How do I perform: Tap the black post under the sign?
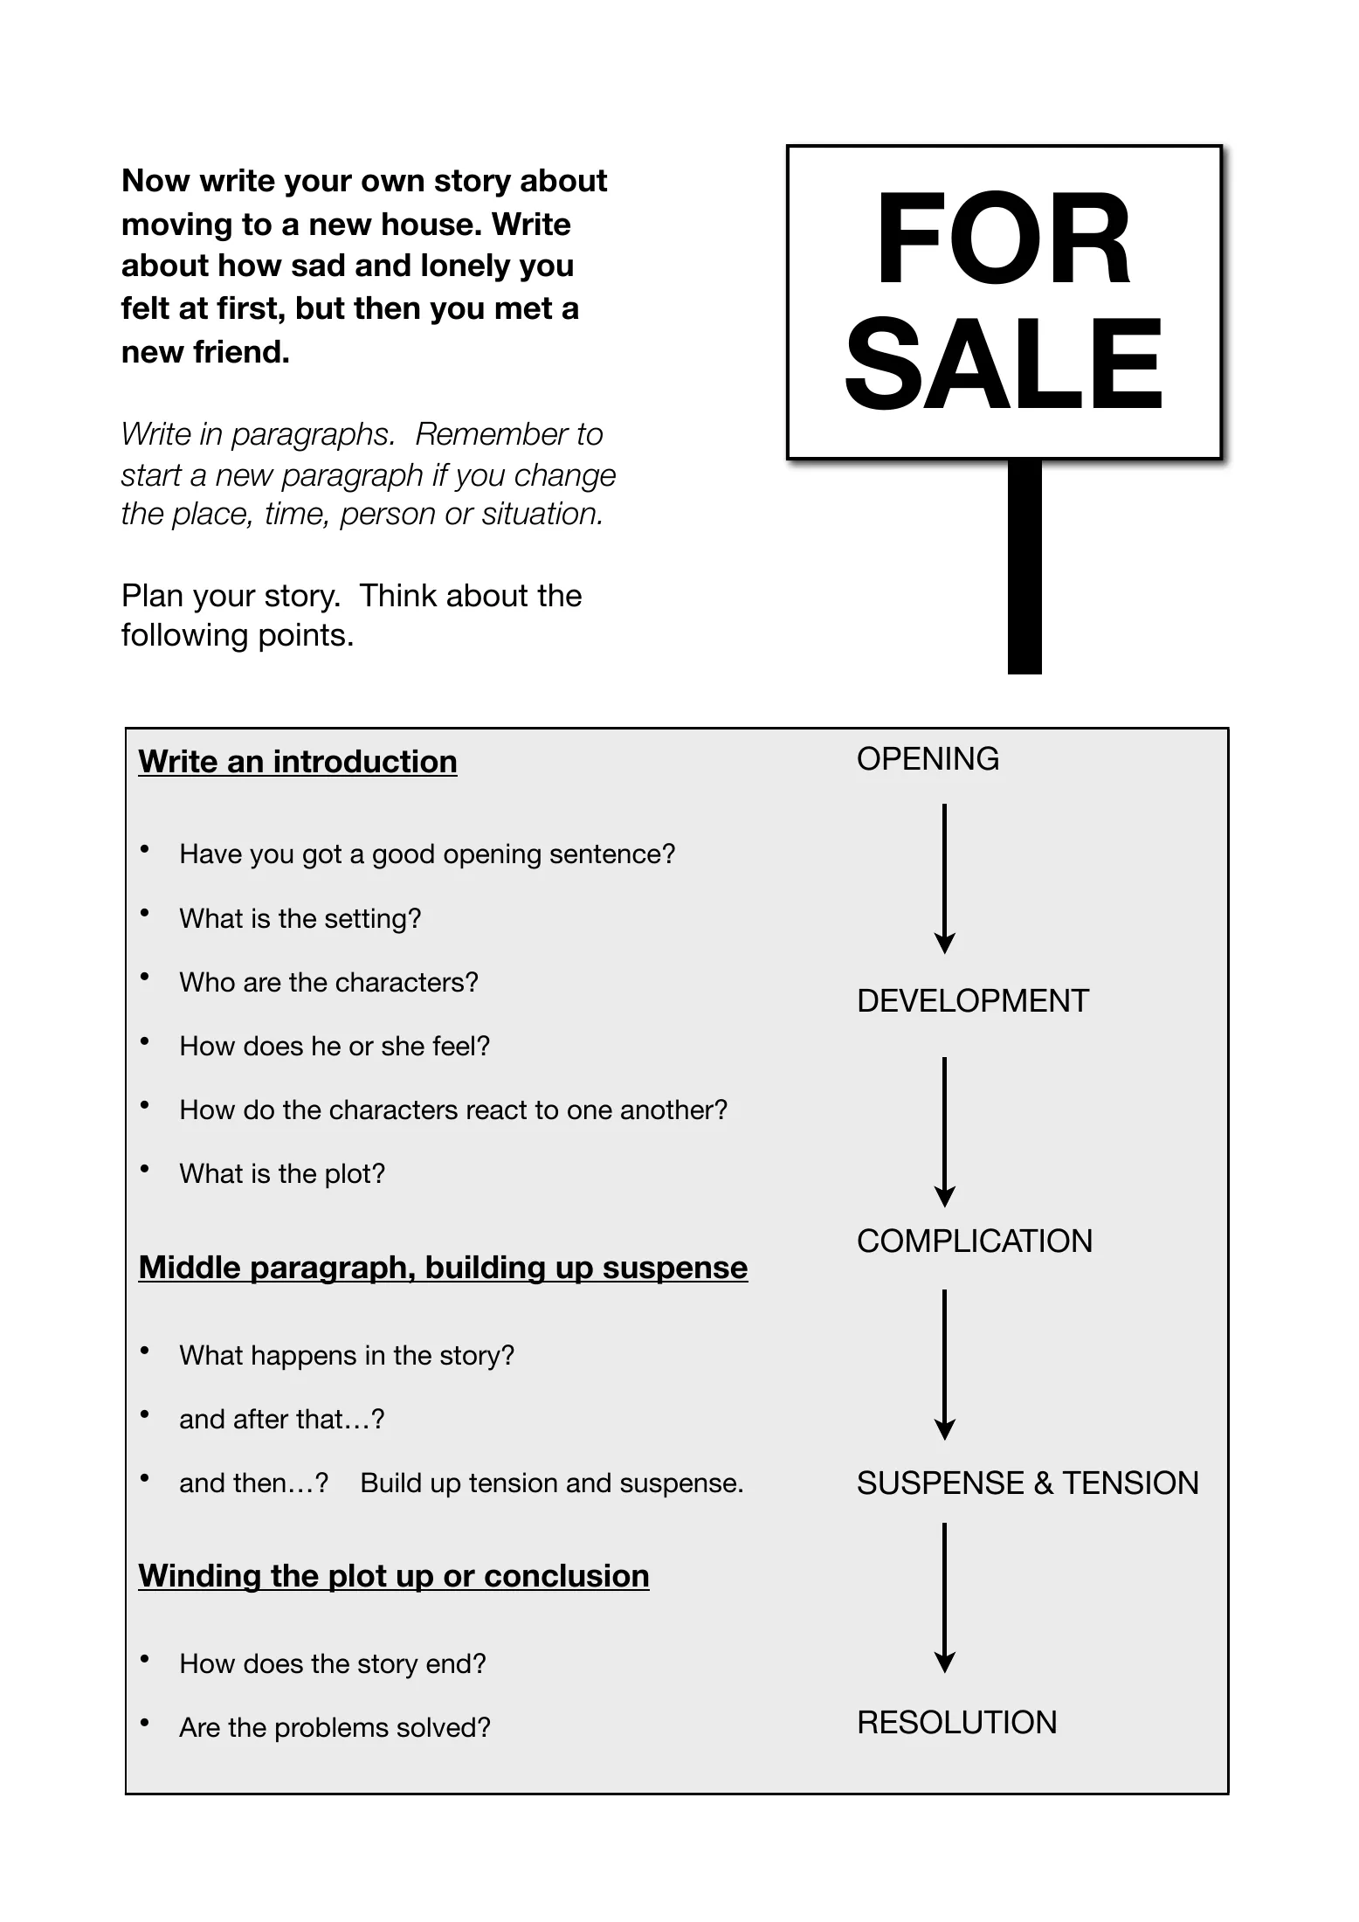[1024, 567]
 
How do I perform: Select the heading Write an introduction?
[298, 762]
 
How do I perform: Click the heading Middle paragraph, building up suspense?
[443, 1268]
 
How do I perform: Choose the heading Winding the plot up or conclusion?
[394, 1576]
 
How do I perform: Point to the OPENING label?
[928, 759]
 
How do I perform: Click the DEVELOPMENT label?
[973, 1001]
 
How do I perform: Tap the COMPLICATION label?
[975, 1241]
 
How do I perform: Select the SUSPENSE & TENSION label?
[1028, 1483]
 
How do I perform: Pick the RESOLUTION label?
[957, 1723]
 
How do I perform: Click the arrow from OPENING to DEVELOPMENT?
[944, 879]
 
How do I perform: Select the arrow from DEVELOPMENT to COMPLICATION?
[944, 1132]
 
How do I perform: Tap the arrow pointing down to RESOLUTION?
[944, 1598]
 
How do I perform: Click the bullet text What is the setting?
[300, 919]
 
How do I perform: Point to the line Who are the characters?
[329, 983]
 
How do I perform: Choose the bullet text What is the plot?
[282, 1174]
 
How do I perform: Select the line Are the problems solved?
[335, 1728]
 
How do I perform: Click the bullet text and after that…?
[282, 1420]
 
